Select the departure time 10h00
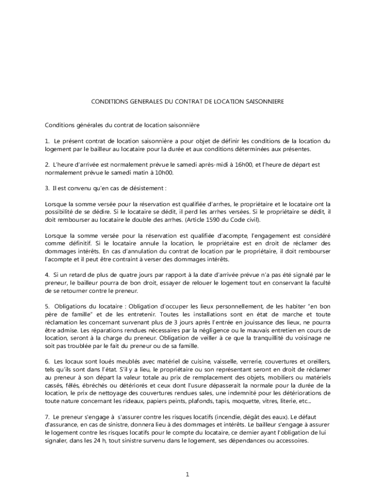165,173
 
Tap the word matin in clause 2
142,173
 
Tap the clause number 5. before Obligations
47,307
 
